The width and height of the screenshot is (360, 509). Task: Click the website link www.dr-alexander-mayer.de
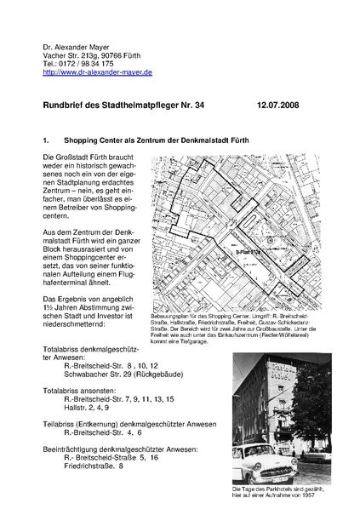tap(97, 73)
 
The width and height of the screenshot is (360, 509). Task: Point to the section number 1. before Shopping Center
tap(47, 138)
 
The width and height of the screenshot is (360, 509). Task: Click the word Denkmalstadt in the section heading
tap(197, 138)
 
